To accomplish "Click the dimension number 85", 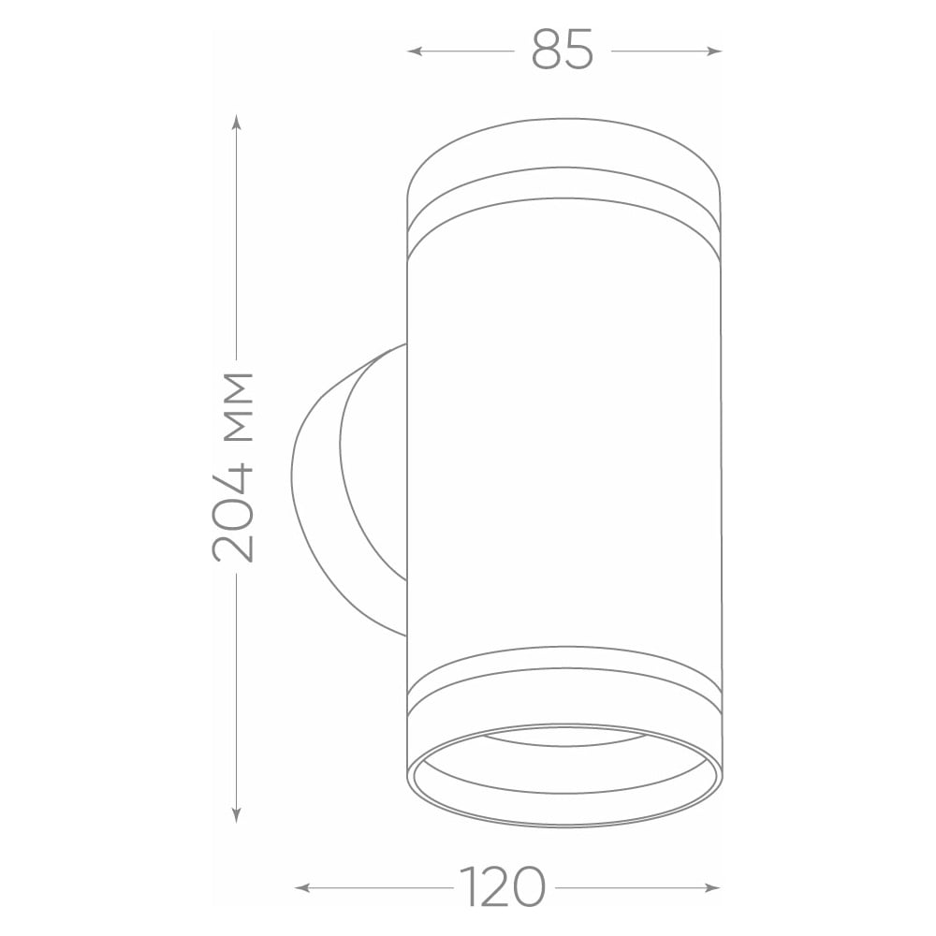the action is pos(563,51).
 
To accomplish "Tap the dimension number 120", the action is pos(503,887).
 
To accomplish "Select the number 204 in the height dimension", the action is pos(233,512).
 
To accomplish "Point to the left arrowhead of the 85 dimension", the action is pos(415,51).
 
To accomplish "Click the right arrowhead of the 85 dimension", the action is pos(714,51).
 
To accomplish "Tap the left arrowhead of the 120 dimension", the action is pos(302,888).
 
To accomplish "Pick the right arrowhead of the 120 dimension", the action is pos(712,888).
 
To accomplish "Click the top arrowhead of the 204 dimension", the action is pos(237,123).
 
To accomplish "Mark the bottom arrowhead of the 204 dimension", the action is pos(237,815).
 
